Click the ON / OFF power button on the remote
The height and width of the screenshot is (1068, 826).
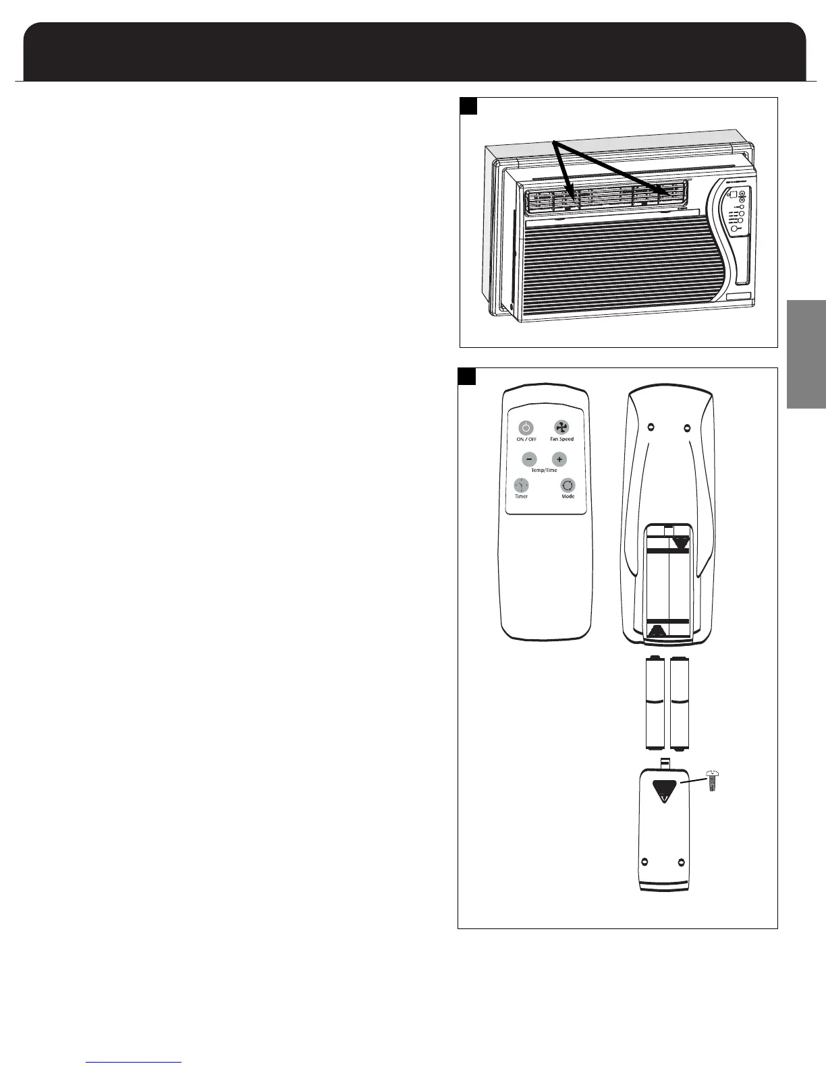click(526, 427)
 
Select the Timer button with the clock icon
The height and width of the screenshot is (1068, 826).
click(521, 485)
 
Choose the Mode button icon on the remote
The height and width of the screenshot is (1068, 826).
click(568, 485)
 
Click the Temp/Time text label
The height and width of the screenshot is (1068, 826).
click(545, 470)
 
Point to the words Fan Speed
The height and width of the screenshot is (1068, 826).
click(561, 439)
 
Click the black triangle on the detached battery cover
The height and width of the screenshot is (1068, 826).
click(665, 790)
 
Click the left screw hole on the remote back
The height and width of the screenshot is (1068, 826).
click(650, 426)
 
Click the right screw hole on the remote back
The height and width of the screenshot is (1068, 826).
click(687, 426)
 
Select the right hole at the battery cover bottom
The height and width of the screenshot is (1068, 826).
click(681, 862)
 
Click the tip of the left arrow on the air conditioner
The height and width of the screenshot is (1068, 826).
click(574, 200)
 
